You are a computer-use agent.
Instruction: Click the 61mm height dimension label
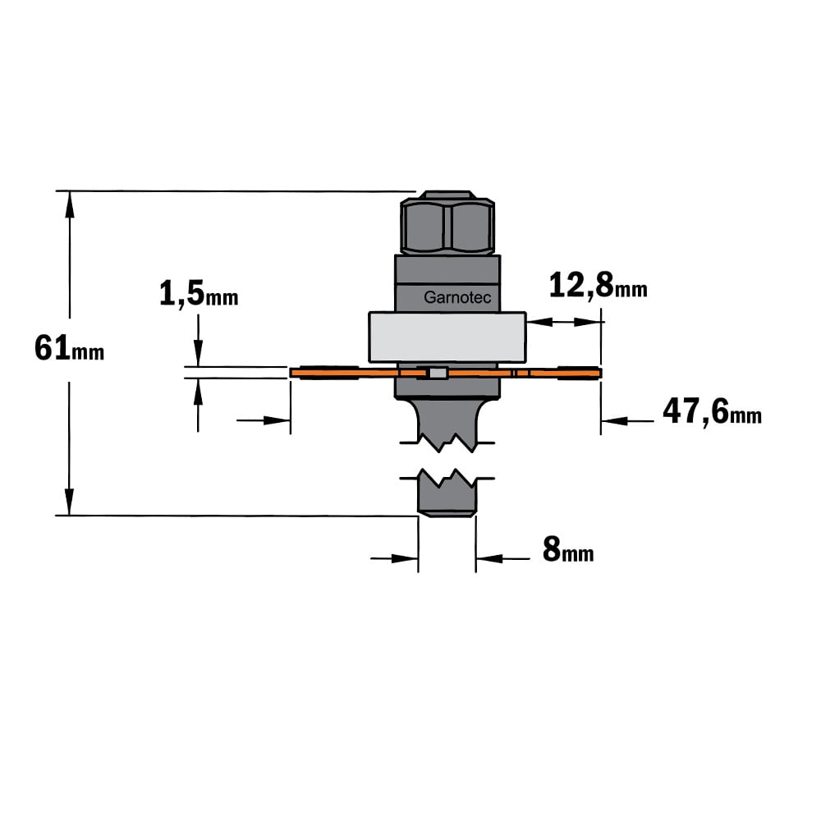(69, 348)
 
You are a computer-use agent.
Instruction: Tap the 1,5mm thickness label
(199, 294)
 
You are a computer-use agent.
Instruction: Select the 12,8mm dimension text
(598, 287)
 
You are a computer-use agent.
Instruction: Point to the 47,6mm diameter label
(712, 411)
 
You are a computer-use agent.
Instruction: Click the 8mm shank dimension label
(568, 550)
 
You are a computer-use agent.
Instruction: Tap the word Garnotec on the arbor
(457, 297)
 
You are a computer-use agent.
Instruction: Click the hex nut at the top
(447, 223)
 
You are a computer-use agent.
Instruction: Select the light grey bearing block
(447, 337)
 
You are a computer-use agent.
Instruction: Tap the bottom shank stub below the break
(447, 492)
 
